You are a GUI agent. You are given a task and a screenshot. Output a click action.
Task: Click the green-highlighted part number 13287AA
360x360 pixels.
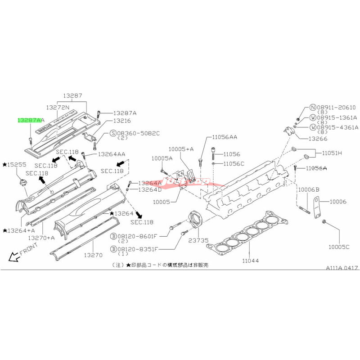31,121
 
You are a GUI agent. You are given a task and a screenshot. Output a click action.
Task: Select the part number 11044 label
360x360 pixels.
252,261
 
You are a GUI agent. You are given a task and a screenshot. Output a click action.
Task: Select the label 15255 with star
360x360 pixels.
15,165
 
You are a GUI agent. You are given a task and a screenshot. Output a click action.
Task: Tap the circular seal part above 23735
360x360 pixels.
197,219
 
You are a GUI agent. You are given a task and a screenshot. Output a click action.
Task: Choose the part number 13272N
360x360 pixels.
58,108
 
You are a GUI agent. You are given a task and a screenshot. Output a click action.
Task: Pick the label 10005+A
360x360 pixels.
181,148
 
